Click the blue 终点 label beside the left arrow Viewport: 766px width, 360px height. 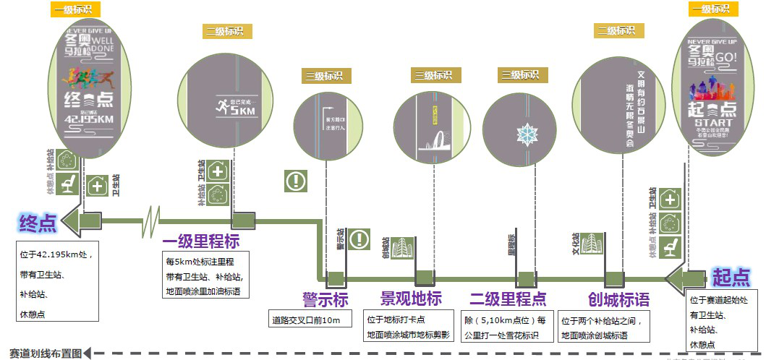tap(38, 222)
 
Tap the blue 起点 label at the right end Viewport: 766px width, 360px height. tap(731, 277)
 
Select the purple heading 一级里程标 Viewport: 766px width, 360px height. tap(201, 241)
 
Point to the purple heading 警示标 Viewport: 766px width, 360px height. tap(325, 299)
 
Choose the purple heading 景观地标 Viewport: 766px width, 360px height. tap(410, 299)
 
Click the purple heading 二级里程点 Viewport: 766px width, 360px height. tap(508, 299)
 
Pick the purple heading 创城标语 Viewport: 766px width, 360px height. tap(618, 299)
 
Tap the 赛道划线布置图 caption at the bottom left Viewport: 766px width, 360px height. tap(42, 352)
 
